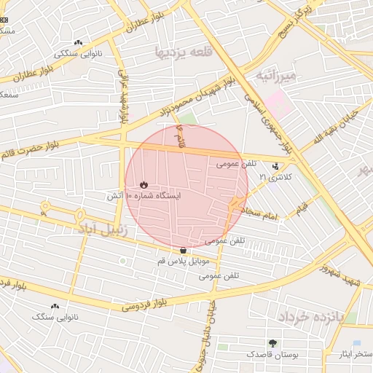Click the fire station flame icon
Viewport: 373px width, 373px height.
[144, 184]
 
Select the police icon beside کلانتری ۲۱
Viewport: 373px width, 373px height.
[275, 165]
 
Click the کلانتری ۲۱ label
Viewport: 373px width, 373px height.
[280, 176]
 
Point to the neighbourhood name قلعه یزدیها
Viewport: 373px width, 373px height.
[182, 52]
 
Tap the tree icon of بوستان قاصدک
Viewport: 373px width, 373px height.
[272, 342]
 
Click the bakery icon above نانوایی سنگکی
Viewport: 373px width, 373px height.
[78, 43]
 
